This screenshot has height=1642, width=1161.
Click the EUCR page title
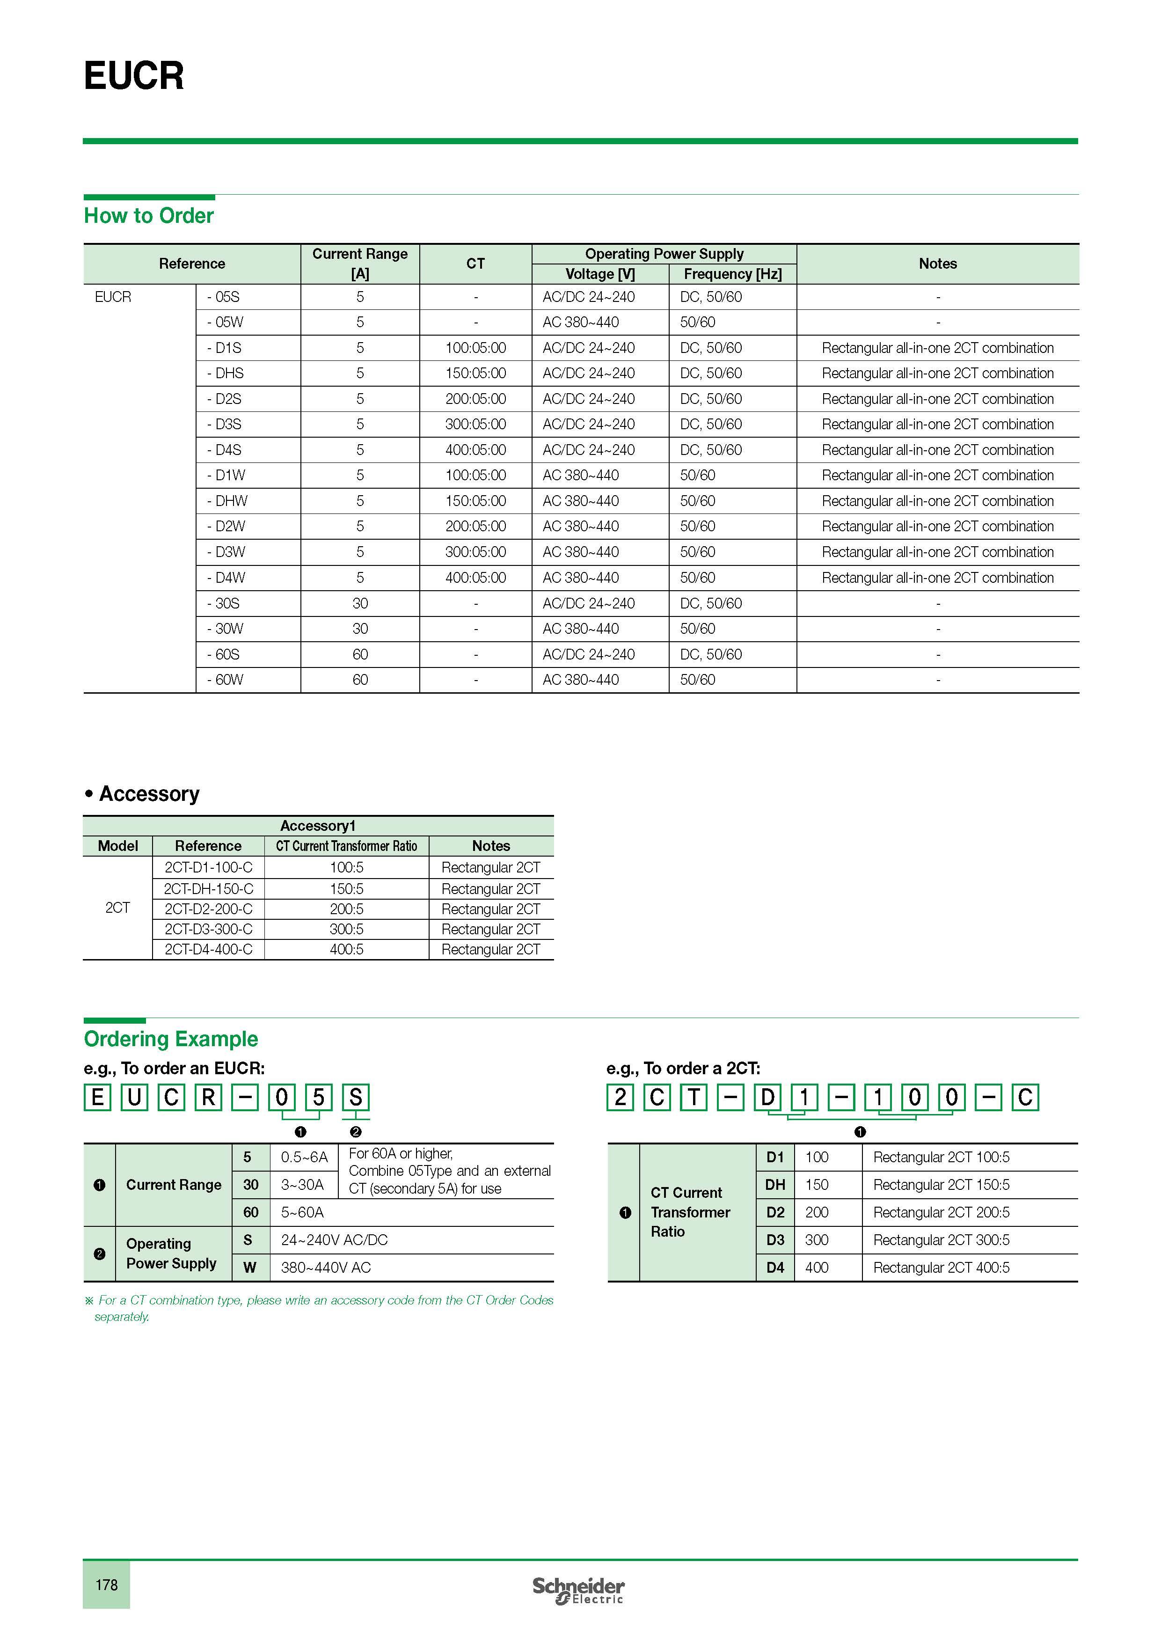click(134, 76)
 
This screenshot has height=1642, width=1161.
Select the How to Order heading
click(149, 216)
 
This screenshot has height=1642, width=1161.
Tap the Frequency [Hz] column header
click(732, 274)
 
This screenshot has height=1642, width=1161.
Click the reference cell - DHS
click(226, 374)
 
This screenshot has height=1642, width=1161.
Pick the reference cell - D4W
click(226, 578)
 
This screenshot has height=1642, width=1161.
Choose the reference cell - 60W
click(226, 680)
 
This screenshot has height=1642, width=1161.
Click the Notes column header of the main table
click(937, 264)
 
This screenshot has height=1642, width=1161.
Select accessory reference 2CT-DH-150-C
click(208, 889)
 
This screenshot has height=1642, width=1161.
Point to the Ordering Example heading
click(171, 1039)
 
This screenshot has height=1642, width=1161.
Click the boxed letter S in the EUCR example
click(355, 1097)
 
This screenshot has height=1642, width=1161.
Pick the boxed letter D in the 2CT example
click(767, 1097)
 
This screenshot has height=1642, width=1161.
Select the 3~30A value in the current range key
click(302, 1185)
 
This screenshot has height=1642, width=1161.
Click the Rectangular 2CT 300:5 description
click(941, 1240)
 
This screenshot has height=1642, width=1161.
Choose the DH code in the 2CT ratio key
click(775, 1185)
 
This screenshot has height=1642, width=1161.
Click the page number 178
click(107, 1585)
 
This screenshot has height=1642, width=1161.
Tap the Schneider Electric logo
click(578, 1590)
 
